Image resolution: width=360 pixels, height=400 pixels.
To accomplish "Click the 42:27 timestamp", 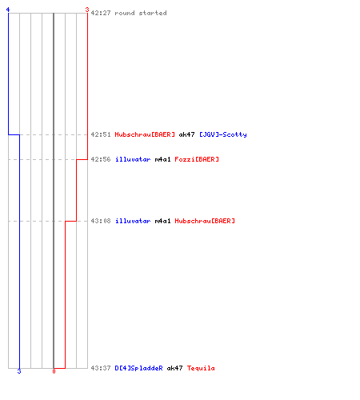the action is click(x=101, y=13).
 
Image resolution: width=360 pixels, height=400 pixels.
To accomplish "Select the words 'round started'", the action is click(x=141, y=13).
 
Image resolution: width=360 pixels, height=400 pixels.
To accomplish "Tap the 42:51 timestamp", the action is click(x=101, y=134).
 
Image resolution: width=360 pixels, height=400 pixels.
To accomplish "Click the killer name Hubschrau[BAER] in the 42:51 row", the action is click(x=145, y=134).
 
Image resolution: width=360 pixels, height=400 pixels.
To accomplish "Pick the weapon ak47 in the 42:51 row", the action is click(x=186, y=134).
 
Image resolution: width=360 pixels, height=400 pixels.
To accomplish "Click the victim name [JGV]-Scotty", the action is click(x=223, y=134).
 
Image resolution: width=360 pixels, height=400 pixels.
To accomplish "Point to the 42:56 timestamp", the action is click(x=101, y=159).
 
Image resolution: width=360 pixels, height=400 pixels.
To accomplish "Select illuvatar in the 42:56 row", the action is click(x=133, y=159).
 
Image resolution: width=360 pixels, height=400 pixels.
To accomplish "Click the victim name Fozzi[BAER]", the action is click(x=197, y=159).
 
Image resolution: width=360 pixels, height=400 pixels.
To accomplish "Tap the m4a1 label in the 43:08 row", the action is click(x=162, y=221).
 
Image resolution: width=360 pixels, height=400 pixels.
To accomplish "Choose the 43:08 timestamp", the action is click(x=101, y=221).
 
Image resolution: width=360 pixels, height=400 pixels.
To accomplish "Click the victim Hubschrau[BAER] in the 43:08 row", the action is click(x=205, y=221).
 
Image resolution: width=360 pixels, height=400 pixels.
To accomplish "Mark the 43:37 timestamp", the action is click(x=101, y=368).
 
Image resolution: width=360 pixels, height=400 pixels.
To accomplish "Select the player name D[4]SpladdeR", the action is click(x=138, y=368).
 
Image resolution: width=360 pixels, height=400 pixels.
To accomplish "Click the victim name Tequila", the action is click(x=201, y=368).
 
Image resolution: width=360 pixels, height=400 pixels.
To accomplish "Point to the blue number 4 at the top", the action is click(x=8, y=10).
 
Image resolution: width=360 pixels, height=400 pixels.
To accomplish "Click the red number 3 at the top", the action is click(x=87, y=10).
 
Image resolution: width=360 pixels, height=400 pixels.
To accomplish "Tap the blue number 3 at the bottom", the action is click(x=19, y=371).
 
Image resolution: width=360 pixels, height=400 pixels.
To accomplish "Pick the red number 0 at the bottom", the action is click(x=54, y=371).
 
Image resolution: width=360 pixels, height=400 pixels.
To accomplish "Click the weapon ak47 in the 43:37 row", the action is click(x=174, y=368).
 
